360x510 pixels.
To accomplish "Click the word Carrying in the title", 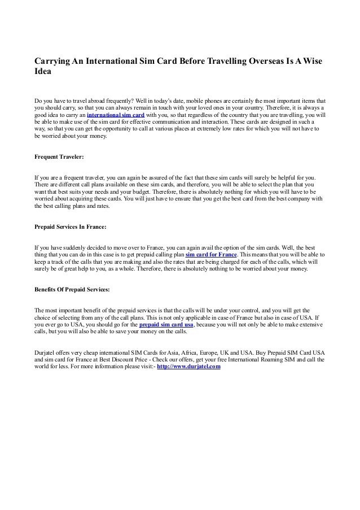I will [55, 60].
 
